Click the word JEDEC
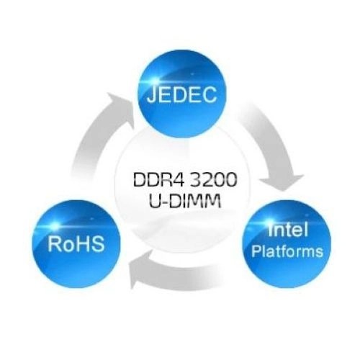point(181,94)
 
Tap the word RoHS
point(76,243)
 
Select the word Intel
point(288,229)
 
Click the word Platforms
point(287,251)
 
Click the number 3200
point(212,180)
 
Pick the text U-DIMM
point(185,200)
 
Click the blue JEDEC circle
point(182,94)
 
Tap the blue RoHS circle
point(76,244)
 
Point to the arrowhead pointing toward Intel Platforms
point(282,183)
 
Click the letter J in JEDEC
point(151,94)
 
